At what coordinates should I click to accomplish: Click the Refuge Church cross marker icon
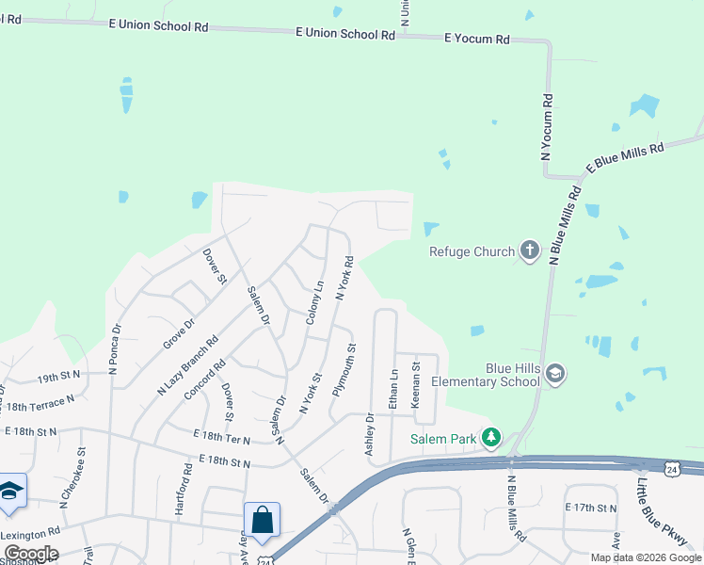[x=529, y=251]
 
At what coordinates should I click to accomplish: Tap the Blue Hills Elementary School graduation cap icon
[x=555, y=373]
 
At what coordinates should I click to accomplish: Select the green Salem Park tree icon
[x=490, y=438]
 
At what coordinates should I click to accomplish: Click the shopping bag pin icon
[x=262, y=520]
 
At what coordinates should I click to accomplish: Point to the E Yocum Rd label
[x=476, y=39]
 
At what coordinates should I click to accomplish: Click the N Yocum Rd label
[x=547, y=125]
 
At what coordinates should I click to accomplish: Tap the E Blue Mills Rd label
[x=625, y=157]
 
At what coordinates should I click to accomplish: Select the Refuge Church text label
[x=472, y=251]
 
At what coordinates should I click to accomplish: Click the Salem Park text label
[x=442, y=438]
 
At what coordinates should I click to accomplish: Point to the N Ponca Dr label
[x=114, y=350]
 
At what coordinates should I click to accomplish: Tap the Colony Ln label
[x=314, y=303]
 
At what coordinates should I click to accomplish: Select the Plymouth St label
[x=344, y=374]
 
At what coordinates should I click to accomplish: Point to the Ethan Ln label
[x=394, y=387]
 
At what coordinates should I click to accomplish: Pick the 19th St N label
[x=60, y=377]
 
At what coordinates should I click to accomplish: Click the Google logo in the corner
[x=30, y=554]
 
